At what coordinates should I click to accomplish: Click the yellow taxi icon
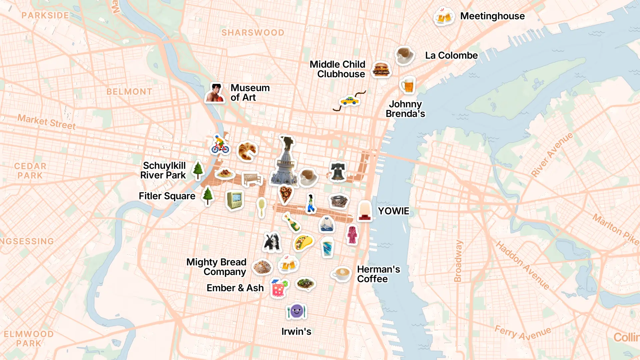click(x=349, y=101)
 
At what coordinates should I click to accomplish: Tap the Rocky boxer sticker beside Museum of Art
click(x=215, y=93)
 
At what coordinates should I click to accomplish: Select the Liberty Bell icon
click(x=338, y=172)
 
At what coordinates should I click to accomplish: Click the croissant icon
click(x=247, y=151)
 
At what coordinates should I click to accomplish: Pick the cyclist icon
click(x=220, y=145)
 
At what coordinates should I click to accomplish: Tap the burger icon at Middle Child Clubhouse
click(x=381, y=69)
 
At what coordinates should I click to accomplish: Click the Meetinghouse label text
click(x=492, y=16)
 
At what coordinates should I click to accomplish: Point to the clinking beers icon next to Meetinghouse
click(x=444, y=16)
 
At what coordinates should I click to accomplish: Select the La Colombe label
click(x=451, y=55)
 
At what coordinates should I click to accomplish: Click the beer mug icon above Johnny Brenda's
click(x=407, y=85)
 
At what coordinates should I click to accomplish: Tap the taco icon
click(x=303, y=242)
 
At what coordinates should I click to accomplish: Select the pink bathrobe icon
click(x=352, y=235)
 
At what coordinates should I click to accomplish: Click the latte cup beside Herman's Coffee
click(x=341, y=274)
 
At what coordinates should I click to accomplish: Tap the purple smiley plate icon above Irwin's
click(x=296, y=312)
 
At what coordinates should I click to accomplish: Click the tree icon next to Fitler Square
click(x=208, y=196)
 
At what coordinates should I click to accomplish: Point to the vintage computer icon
click(x=235, y=200)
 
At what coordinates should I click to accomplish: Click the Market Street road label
click(x=47, y=122)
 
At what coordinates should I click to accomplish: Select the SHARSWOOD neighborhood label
click(x=253, y=33)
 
